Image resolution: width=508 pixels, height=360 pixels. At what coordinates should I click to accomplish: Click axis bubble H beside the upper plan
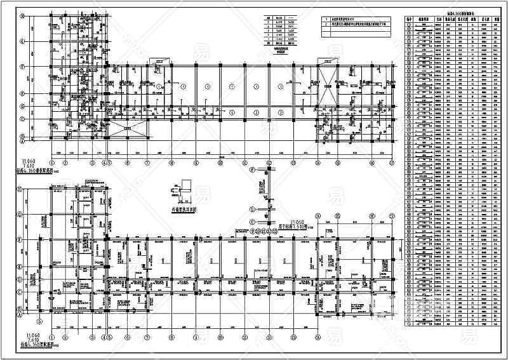click(x=22, y=18)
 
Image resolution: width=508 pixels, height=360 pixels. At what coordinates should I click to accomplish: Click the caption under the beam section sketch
click(x=183, y=207)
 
